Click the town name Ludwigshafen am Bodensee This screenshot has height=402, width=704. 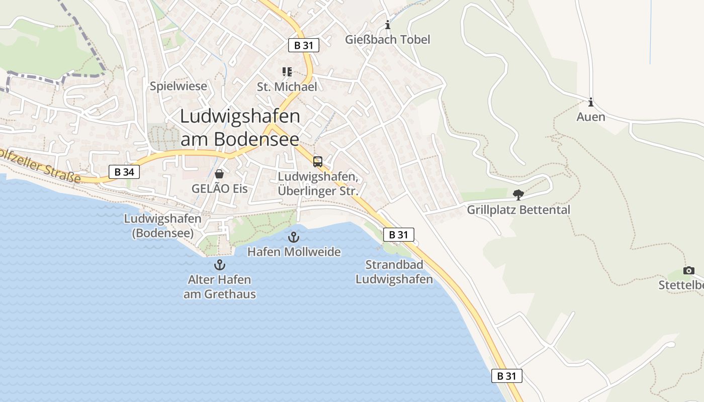coord(240,128)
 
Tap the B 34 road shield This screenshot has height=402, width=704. coord(124,172)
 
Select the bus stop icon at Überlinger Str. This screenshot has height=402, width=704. coord(318,162)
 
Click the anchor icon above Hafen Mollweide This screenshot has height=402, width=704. coord(294,237)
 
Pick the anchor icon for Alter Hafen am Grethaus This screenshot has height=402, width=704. coord(219,264)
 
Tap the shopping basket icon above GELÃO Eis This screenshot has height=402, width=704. coord(219,174)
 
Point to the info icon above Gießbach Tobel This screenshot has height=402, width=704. coord(387,25)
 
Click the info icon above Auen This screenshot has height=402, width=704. coord(591,103)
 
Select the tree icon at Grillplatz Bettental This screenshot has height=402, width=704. coord(518,194)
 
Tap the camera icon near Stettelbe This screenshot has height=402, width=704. coord(688,271)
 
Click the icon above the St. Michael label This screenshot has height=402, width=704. coord(287,72)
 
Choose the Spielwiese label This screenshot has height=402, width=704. coord(179,86)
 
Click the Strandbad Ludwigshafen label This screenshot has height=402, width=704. coord(394,272)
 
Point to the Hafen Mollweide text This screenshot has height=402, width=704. coord(294,252)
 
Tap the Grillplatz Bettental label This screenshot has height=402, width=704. coord(518,210)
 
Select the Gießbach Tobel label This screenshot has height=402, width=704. coord(388,39)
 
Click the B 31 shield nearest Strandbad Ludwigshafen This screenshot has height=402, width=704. coord(398,234)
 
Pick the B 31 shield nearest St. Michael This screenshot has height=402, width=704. coord(304,45)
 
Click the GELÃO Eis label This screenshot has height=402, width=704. coord(220,189)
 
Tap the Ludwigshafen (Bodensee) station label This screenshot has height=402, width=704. coord(162,226)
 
